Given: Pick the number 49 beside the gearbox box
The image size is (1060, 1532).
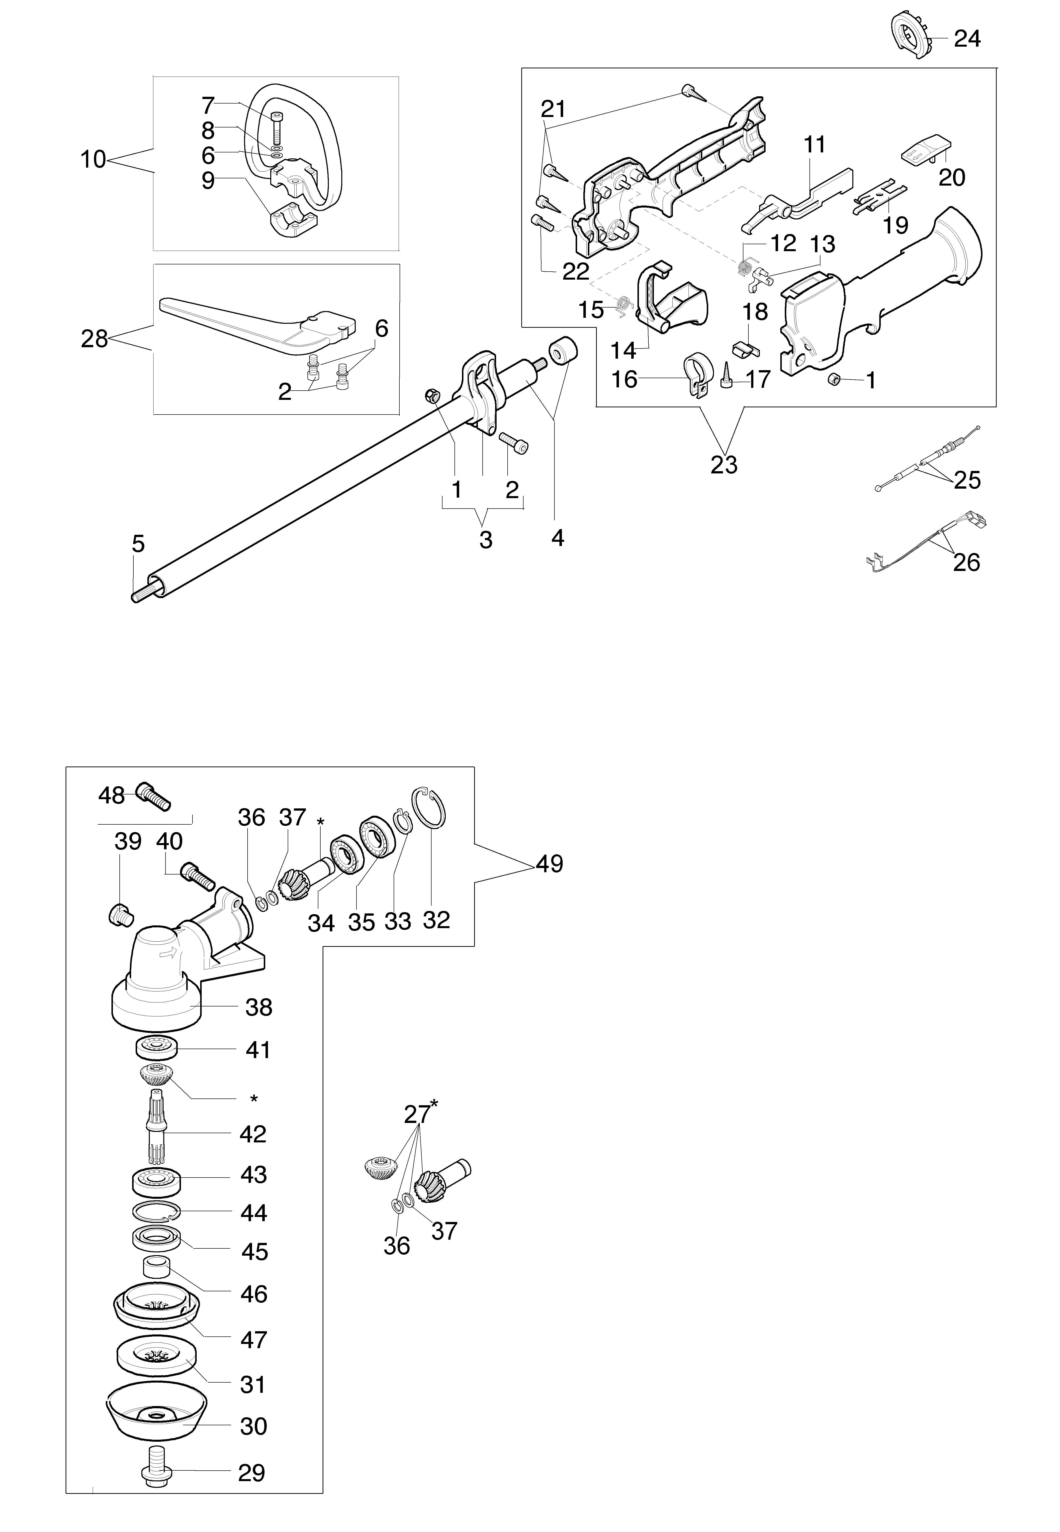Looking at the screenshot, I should point(549,864).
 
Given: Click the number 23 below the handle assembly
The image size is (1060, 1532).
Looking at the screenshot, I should point(724,464).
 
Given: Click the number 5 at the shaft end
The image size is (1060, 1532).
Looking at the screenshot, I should point(137,544).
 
